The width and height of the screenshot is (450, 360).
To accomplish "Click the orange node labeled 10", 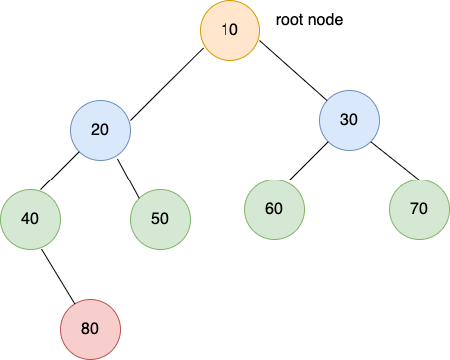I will click(x=229, y=30).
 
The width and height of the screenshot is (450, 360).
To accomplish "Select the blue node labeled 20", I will click(x=100, y=131).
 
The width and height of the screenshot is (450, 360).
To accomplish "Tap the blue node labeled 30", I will click(x=349, y=120).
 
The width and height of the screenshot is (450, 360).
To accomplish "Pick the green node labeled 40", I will click(x=30, y=216).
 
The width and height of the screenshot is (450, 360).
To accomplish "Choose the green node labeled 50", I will click(x=160, y=216).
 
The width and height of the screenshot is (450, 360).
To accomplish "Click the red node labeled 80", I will click(x=90, y=326).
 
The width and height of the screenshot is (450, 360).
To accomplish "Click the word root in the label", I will click(x=290, y=19).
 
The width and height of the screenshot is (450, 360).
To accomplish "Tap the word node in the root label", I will click(x=326, y=19).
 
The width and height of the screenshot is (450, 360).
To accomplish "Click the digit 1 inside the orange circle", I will click(x=225, y=30).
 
